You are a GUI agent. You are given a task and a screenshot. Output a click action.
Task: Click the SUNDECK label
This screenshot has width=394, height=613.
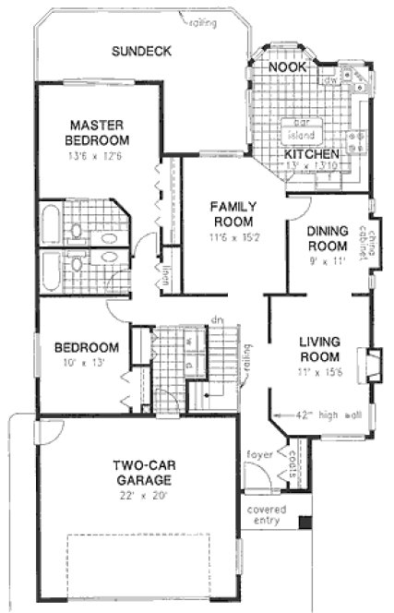click(141, 52)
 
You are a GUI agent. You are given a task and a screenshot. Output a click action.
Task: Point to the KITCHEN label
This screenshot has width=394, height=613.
click(311, 153)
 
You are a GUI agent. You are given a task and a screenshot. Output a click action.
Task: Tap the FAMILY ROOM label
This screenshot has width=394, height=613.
click(232, 213)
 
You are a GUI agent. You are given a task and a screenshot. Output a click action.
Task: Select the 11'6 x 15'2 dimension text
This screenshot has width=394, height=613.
click(232, 237)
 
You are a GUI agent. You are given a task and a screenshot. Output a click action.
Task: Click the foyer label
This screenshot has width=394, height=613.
click(258, 454)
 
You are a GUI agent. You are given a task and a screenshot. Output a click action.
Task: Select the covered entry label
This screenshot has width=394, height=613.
click(267, 515)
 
